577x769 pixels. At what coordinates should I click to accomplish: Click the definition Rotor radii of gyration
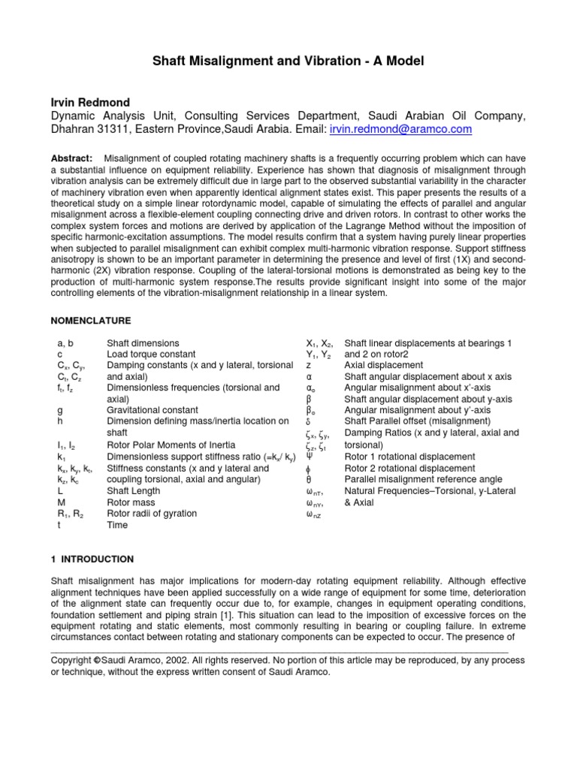pyautogui.click(x=152, y=513)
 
